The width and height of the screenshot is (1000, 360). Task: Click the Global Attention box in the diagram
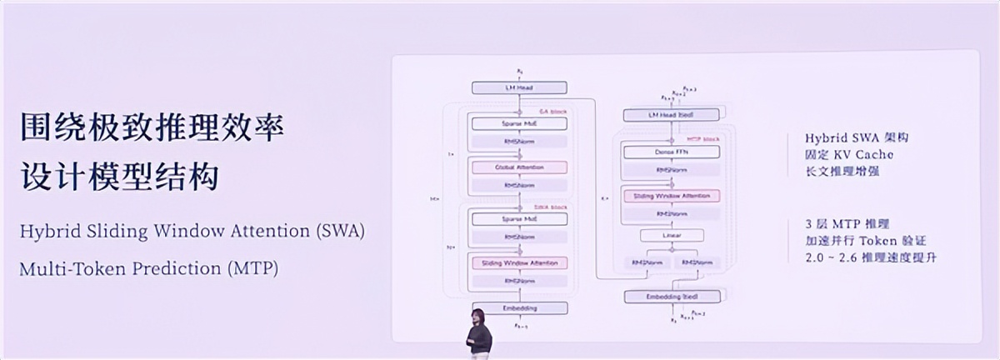pos(519,167)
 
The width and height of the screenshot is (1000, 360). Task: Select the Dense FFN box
pos(670,152)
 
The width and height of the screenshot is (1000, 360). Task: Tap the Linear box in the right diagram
pos(670,236)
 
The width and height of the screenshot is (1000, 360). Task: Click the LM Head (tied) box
pos(670,114)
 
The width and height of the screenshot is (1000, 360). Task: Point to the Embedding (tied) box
pos(670,297)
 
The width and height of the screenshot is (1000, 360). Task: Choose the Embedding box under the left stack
pos(519,307)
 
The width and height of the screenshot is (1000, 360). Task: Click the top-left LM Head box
pos(519,87)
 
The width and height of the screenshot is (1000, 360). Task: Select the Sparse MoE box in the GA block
pos(519,123)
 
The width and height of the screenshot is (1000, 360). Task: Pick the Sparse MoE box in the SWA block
pos(519,218)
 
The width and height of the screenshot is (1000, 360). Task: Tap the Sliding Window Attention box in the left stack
pos(519,262)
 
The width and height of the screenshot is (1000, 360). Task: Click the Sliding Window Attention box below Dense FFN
pos(670,196)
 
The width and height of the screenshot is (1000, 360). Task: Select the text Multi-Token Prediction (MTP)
pos(149,269)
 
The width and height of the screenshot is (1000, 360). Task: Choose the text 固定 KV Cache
pos(849,155)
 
